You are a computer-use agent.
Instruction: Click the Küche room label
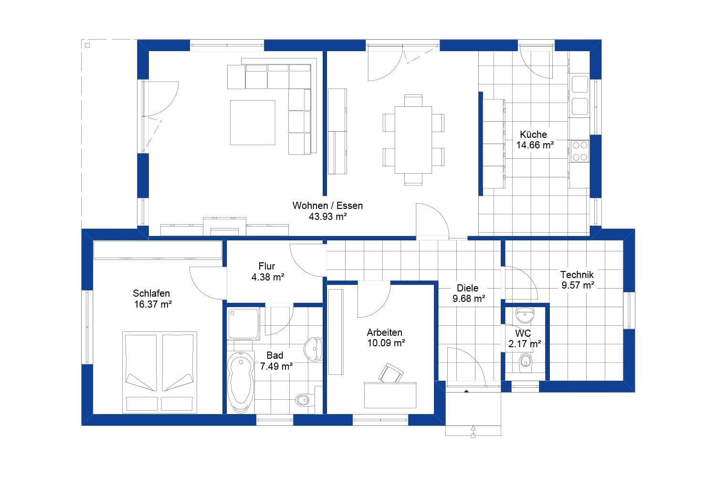(533, 135)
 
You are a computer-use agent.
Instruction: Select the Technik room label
(577, 275)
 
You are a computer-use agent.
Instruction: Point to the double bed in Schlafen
(159, 372)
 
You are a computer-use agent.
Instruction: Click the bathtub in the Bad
(241, 383)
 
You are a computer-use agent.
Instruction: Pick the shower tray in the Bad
(243, 323)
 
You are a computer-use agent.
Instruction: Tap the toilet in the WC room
(525, 361)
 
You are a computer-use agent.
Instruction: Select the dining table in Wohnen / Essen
(413, 140)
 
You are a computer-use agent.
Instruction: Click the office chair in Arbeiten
(390, 373)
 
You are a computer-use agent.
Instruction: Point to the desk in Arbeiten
(390, 394)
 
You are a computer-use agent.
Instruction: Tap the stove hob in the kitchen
(580, 151)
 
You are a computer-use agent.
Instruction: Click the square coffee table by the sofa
(253, 122)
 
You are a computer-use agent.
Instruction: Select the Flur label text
(267, 266)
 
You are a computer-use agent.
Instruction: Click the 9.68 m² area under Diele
(469, 299)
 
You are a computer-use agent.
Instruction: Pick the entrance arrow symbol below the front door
(473, 431)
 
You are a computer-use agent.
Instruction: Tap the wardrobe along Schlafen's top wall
(158, 250)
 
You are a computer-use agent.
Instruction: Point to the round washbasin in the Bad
(314, 348)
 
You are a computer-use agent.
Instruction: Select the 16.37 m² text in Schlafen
(153, 304)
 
